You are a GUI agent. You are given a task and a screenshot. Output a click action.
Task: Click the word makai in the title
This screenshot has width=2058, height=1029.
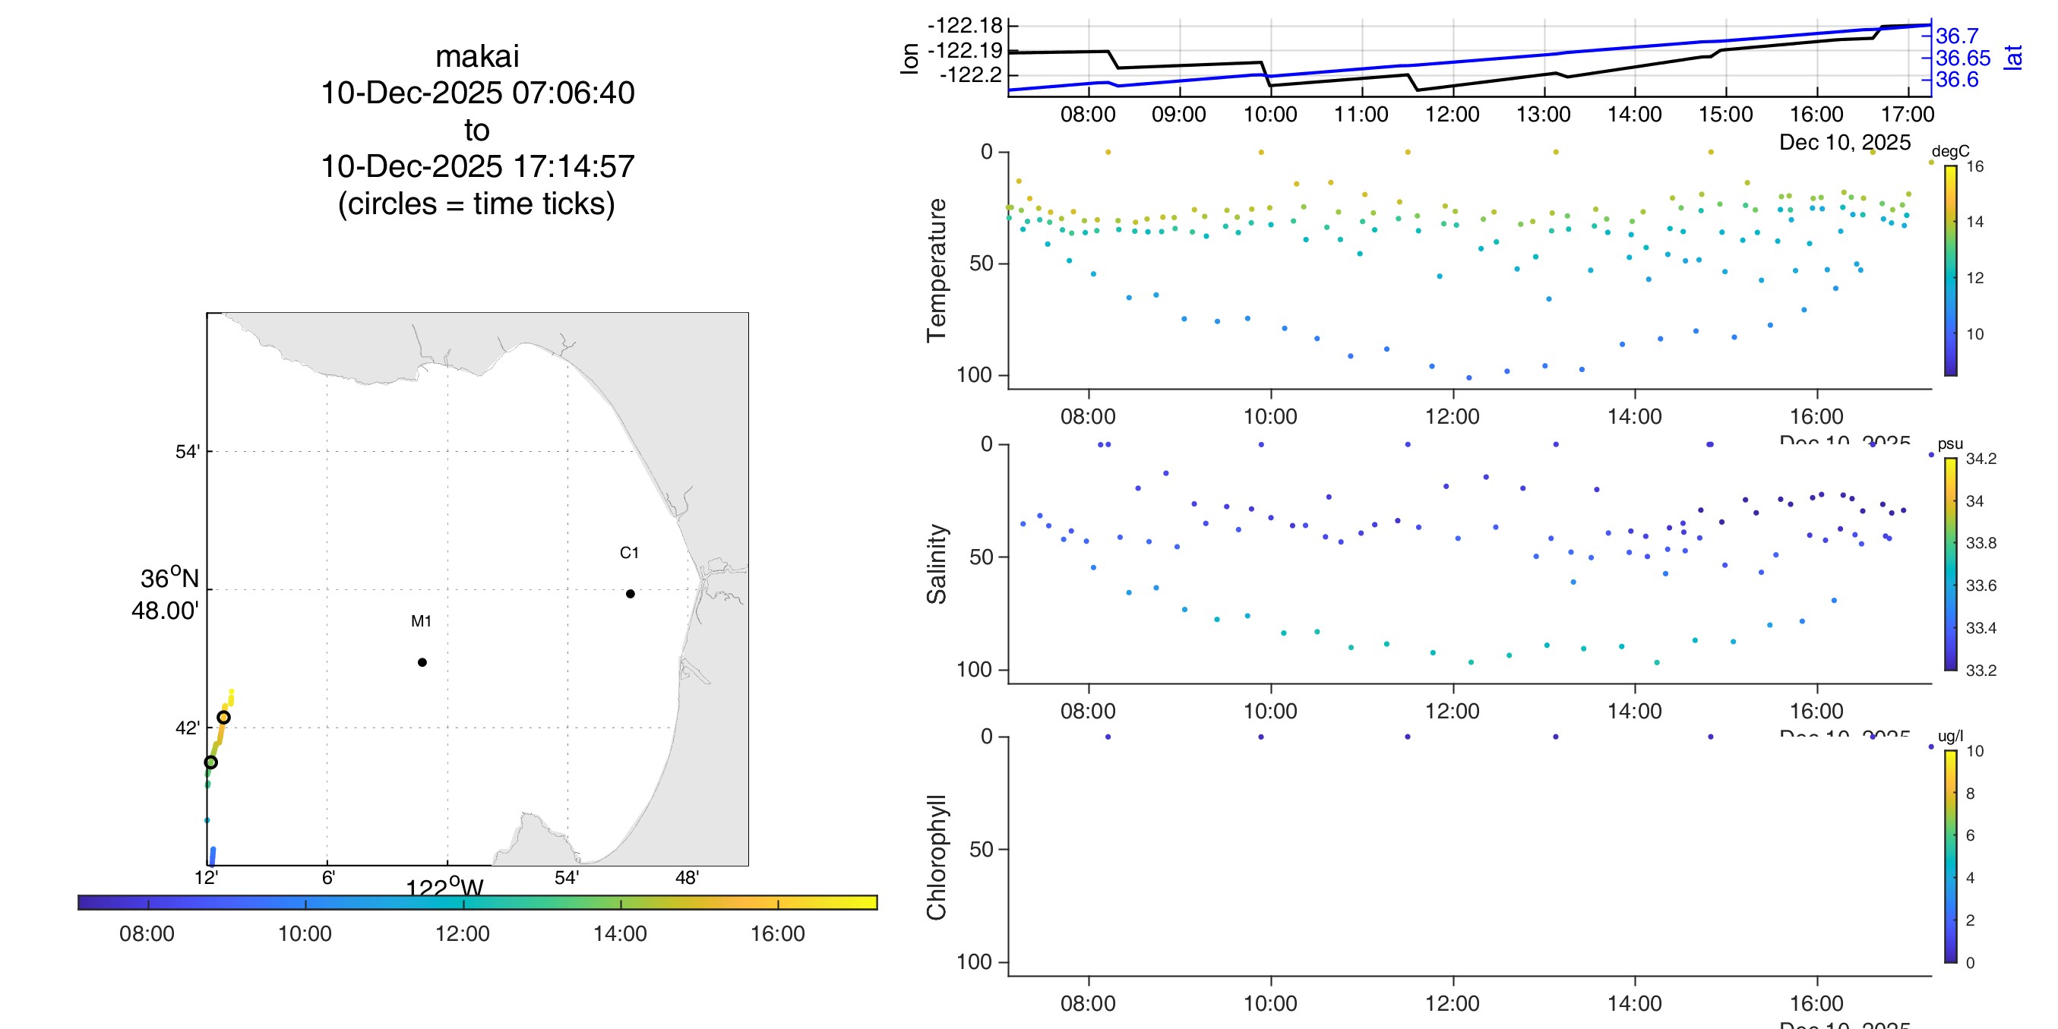[477, 57]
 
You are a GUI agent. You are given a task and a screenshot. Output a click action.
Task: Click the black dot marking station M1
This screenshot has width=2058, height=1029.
[422, 662]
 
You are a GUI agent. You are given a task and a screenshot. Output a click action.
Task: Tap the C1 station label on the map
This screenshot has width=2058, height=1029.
[629, 553]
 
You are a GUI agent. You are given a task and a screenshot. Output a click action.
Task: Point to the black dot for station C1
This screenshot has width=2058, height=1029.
[631, 594]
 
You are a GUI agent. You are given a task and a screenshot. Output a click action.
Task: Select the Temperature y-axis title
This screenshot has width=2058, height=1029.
[937, 271]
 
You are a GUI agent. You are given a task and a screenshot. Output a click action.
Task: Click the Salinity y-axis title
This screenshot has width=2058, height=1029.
[937, 564]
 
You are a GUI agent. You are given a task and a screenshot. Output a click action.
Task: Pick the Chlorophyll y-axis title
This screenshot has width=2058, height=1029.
[937, 857]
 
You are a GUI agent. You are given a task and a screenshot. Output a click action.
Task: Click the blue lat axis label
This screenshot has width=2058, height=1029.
[2013, 58]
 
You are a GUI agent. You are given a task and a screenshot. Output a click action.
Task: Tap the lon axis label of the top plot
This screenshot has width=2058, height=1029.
[909, 58]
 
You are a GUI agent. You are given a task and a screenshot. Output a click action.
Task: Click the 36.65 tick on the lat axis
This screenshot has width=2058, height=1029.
[1963, 58]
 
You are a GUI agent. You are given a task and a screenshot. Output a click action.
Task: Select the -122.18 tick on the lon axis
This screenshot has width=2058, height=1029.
[964, 26]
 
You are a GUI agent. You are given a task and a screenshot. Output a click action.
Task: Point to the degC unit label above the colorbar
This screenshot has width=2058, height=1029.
[1950, 152]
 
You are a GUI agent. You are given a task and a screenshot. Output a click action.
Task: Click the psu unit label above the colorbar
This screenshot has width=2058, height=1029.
[1950, 444]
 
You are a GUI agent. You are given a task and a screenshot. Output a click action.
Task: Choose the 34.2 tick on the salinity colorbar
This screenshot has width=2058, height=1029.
[1981, 459]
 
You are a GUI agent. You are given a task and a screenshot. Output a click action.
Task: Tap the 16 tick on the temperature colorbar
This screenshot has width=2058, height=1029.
[1975, 166]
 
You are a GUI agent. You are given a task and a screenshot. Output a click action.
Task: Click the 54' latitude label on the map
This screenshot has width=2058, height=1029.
[188, 452]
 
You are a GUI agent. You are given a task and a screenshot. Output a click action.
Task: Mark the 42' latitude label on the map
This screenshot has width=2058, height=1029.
[188, 728]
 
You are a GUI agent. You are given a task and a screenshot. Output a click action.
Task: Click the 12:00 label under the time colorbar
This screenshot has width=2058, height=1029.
[463, 933]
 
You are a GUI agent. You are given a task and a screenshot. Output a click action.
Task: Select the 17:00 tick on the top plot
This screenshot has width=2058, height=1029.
[1908, 114]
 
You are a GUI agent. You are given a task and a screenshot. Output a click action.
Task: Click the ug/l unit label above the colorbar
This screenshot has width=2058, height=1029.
[1950, 737]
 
